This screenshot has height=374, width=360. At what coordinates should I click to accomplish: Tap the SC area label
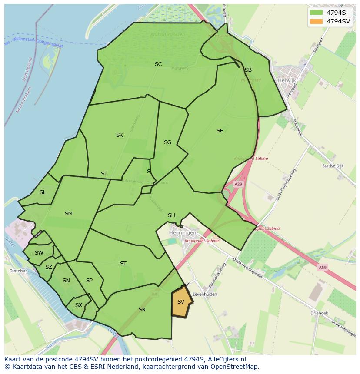pyautogui.click(x=158, y=64)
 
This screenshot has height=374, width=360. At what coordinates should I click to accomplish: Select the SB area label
pyautogui.click(x=248, y=70)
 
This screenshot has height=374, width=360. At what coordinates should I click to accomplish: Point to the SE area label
pyautogui.click(x=220, y=131)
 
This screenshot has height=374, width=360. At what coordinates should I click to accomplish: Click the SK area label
pyautogui.click(x=119, y=135)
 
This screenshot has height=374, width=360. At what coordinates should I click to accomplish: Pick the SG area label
pyautogui.click(x=167, y=142)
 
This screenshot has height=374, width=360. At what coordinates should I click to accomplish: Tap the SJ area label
pyautogui.click(x=103, y=174)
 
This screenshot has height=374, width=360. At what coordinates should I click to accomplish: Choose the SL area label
pyautogui.click(x=43, y=192)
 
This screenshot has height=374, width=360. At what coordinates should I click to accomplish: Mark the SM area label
pyautogui.click(x=68, y=214)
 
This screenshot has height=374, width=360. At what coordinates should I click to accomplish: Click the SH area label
pyautogui.click(x=171, y=215)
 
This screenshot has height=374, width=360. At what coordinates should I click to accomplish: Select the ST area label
pyautogui.click(x=123, y=264)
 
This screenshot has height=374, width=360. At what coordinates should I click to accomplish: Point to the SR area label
pyautogui.click(x=142, y=310)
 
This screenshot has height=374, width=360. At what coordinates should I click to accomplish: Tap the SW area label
pyautogui.click(x=39, y=253)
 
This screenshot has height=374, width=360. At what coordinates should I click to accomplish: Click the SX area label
pyautogui.click(x=78, y=305)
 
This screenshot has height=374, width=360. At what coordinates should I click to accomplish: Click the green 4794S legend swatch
pyautogui.click(x=316, y=13)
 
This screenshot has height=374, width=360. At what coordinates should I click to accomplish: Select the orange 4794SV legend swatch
pyautogui.click(x=316, y=21)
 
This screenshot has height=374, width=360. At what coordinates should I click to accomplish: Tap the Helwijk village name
pyautogui.click(x=286, y=80)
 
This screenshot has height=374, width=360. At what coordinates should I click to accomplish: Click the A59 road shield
pyautogui.click(x=322, y=268)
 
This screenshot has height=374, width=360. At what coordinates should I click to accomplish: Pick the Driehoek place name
pyautogui.click(x=319, y=313)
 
